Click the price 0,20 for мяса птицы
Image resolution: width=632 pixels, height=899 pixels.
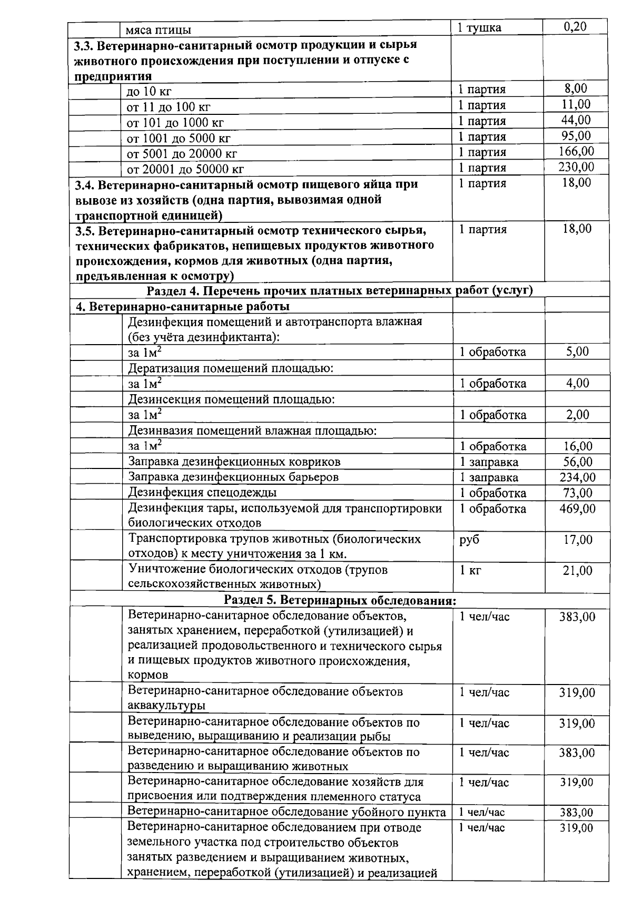point(575,26)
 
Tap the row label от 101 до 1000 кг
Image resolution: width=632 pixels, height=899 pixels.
point(175,123)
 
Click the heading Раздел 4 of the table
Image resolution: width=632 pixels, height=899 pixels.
point(339,290)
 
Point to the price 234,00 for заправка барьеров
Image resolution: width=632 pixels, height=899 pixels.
point(577,477)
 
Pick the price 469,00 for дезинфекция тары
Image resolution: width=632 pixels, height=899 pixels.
point(577,509)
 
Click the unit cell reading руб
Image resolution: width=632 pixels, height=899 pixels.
point(469,540)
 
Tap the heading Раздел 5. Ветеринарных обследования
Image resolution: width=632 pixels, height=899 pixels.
point(339,600)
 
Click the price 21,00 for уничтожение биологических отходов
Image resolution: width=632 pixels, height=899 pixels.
point(577,571)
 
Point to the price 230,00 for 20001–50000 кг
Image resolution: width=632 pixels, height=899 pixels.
point(576,167)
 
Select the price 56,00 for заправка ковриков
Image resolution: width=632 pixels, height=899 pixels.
point(577,462)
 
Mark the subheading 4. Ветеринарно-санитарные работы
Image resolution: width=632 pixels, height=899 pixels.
point(183,306)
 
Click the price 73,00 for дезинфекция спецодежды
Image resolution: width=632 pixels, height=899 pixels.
point(577,493)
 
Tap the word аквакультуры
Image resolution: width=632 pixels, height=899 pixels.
point(166,706)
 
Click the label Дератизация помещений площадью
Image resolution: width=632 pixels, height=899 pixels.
point(231,368)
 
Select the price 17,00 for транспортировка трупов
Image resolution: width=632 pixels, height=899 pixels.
point(577,540)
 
